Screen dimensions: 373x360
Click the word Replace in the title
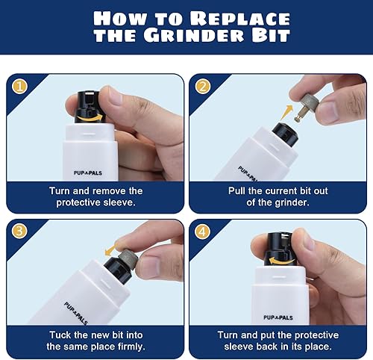(240, 18)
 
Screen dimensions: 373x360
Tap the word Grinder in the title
(194, 35)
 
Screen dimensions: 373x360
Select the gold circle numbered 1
(19, 87)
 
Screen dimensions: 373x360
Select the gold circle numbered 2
(203, 87)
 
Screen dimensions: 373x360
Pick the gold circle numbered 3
(19, 231)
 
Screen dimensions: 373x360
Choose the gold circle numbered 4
(202, 232)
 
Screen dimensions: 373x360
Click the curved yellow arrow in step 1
(89, 118)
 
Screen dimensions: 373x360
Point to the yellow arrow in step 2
(286, 112)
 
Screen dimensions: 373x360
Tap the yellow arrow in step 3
(111, 249)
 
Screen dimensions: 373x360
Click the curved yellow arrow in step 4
(281, 261)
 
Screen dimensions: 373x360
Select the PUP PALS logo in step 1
(88, 173)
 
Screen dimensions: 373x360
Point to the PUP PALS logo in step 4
(278, 317)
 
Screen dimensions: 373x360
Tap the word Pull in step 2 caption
(236, 191)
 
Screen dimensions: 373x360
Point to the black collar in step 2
(285, 134)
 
